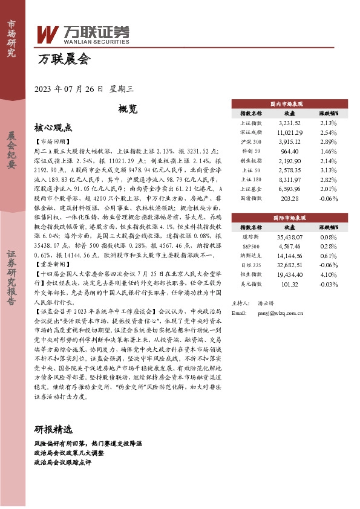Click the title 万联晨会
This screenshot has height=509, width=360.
pos(63,59)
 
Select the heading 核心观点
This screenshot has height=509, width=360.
pos(53,128)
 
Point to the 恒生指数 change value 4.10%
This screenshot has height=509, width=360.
pos(328,274)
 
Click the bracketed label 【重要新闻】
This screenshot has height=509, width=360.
pos(50,265)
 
